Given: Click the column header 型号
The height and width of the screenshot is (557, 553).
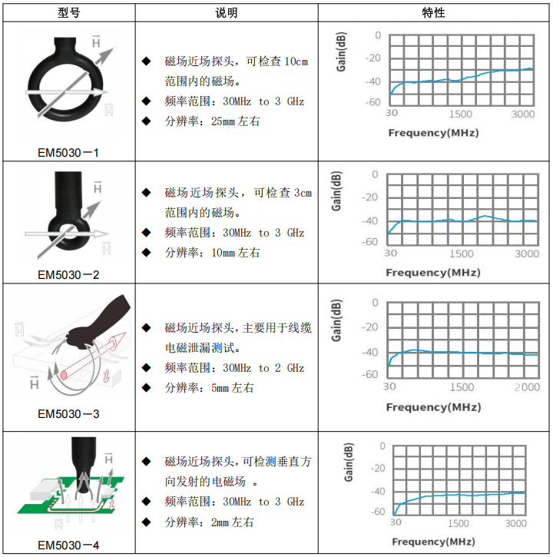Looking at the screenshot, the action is coord(69,13).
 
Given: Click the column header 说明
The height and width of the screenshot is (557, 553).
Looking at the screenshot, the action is coord(227,13).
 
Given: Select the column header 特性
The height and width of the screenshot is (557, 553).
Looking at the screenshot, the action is coord(433,13).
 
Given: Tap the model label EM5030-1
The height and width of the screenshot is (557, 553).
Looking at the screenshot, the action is coord(68,153).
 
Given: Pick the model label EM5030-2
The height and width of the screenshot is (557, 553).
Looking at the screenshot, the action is coord(68,274).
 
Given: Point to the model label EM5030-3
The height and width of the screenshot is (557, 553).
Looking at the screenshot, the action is coord(68,414).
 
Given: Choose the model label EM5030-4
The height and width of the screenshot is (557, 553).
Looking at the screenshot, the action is coord(68,545).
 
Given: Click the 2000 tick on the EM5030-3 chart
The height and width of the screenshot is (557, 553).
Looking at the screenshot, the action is coord(527,387).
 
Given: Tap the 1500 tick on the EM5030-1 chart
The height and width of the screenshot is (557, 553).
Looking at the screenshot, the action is coord(461,114).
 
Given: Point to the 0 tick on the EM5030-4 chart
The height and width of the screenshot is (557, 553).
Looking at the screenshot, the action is coord(382,446).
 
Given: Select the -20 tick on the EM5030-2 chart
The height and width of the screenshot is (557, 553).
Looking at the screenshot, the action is coord(369,197).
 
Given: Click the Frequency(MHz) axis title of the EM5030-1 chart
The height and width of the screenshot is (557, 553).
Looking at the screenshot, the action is coord(434,133).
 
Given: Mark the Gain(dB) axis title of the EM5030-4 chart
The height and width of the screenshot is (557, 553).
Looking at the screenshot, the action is coord(349,463).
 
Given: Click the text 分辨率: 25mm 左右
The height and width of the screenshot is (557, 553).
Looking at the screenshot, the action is coord(212,121).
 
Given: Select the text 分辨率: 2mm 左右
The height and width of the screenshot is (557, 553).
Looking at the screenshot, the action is coord(209,522).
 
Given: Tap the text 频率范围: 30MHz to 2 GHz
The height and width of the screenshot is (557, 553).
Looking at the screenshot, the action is coord(234,368).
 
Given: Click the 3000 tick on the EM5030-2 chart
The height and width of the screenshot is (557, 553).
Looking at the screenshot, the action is coord(527,254).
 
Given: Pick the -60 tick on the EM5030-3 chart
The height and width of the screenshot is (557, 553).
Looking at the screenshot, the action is coord(369,374).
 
